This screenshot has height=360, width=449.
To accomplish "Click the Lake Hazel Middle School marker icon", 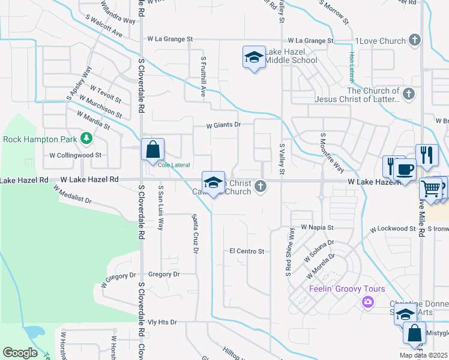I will coord(254,58).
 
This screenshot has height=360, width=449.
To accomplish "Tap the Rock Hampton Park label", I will coord(40,139).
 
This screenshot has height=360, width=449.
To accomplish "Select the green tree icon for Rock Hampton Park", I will coord(86,139).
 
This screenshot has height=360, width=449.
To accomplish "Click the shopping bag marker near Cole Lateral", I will coord(153,149).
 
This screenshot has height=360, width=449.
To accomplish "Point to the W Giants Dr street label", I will coord(223,125).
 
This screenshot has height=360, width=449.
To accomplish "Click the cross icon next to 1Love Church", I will coord(414,40).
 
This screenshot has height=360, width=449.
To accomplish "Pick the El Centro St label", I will coord(247,251).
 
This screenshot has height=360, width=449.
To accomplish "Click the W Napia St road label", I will coord(317,228).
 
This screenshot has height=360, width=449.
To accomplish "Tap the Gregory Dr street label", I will coord(163,274).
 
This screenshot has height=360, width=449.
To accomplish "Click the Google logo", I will coord(20,353).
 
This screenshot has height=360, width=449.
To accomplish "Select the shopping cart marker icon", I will coord(430,188).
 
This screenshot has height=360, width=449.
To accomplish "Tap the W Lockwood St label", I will coord(393,229).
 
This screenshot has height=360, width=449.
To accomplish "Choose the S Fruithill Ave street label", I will coord(203,77).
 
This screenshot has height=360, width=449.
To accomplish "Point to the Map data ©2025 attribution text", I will coord(423,355).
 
